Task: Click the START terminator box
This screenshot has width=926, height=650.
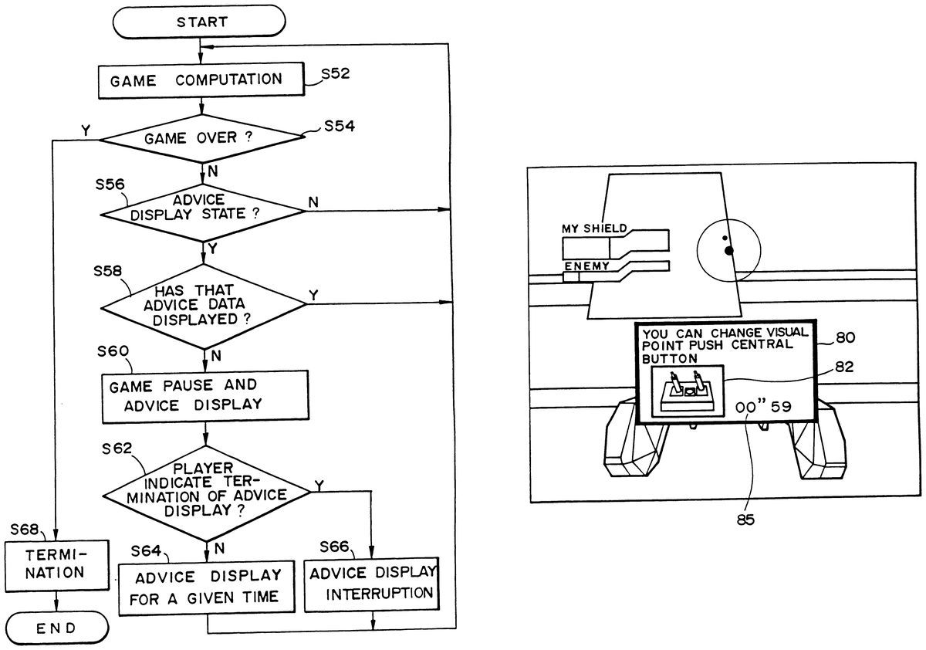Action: [x=202, y=22]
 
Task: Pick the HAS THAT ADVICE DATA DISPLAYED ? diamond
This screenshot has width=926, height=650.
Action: [x=204, y=303]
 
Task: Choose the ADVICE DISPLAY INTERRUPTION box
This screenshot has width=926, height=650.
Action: [x=372, y=584]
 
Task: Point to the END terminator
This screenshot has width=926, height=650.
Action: [x=56, y=628]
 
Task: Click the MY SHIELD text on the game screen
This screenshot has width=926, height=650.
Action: [x=594, y=229]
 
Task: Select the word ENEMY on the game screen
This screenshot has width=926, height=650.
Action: [x=586, y=266]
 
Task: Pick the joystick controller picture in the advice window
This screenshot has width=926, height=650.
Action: [x=686, y=391]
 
